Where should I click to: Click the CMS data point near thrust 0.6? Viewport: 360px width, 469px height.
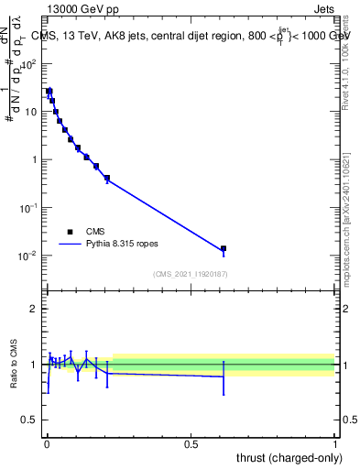(x=223, y=248)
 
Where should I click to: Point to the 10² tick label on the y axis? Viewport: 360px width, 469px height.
(x=30, y=64)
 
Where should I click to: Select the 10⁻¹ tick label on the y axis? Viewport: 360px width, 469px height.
(x=30, y=208)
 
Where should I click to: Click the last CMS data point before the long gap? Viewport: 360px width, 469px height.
(x=107, y=178)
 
